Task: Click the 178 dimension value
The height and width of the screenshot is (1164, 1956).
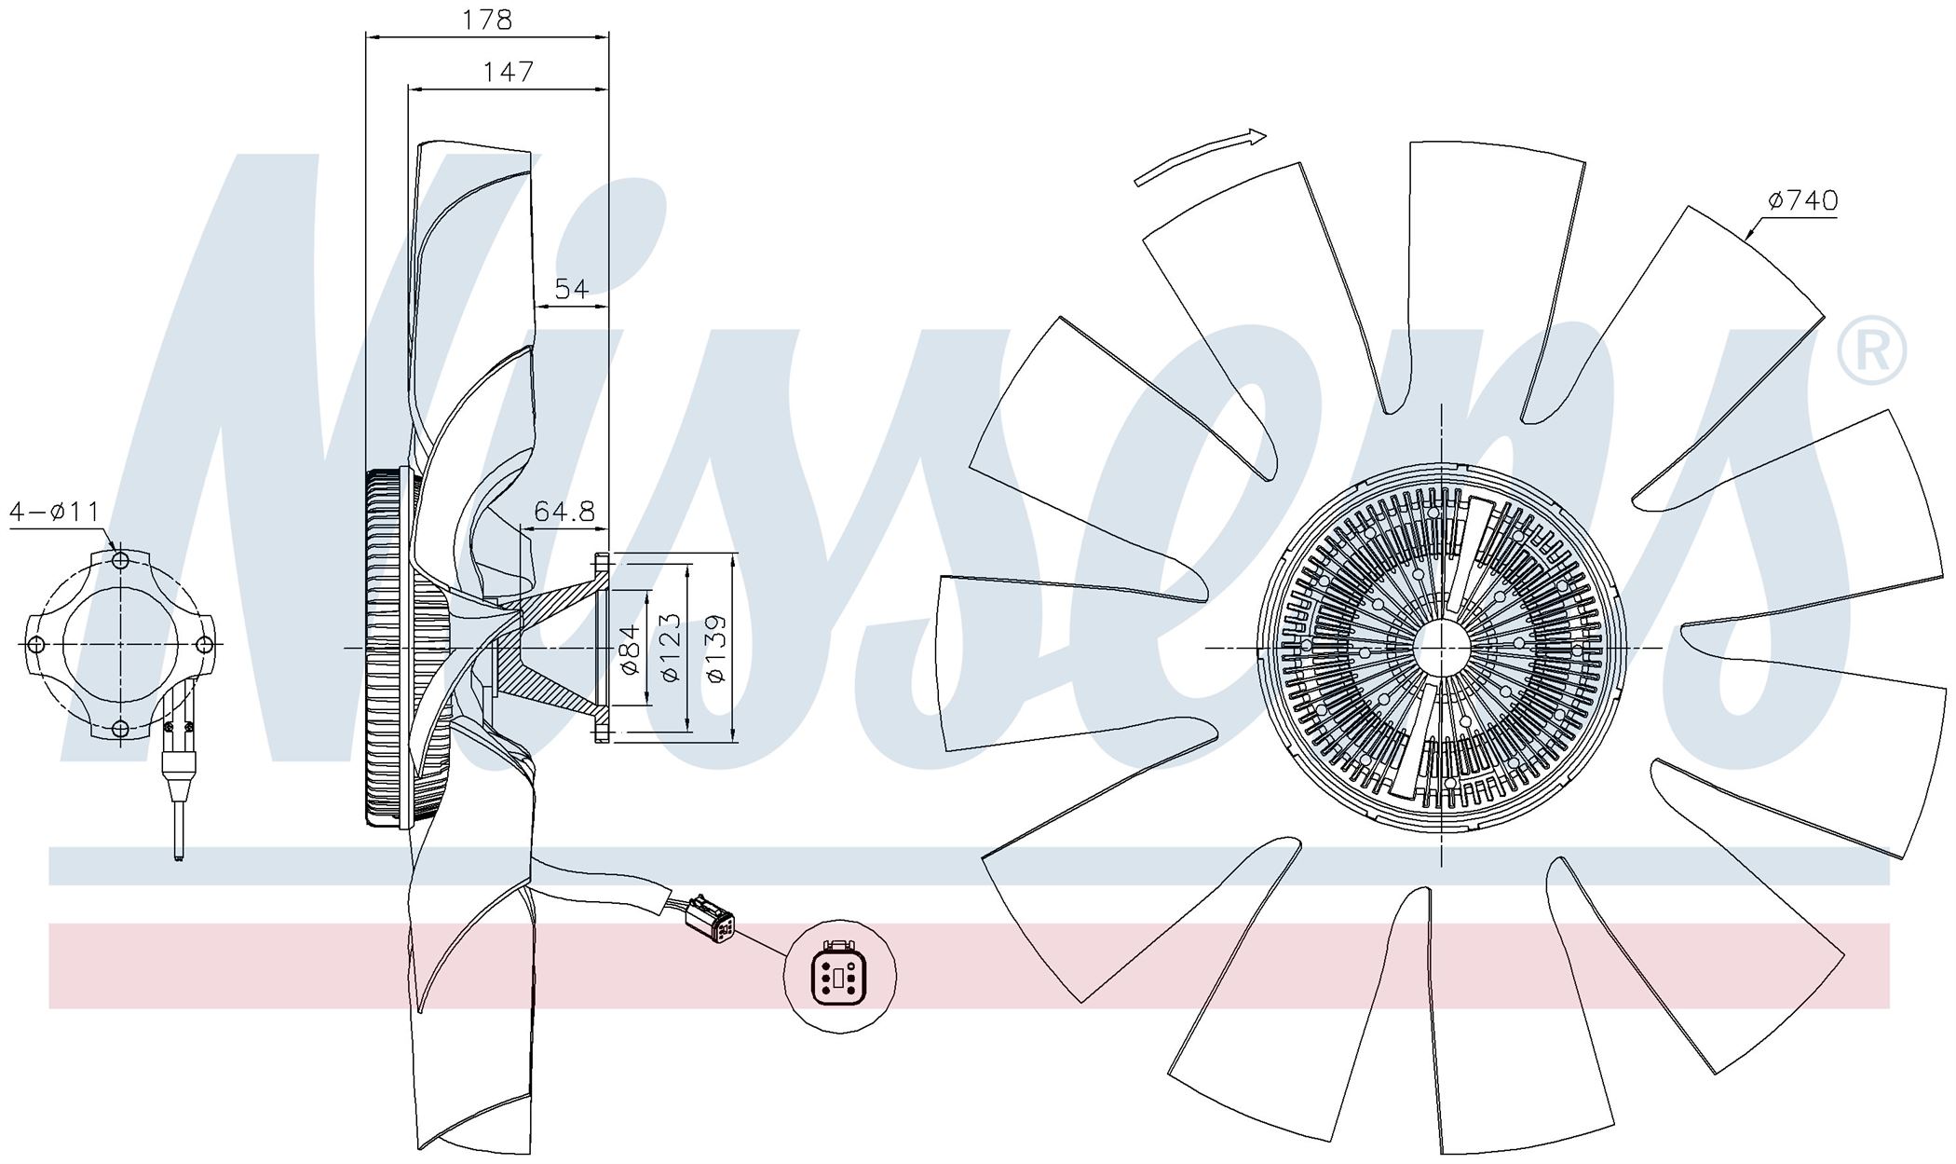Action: point(488,20)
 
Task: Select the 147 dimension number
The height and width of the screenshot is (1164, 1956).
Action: point(509,71)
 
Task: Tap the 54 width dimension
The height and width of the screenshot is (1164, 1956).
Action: point(571,289)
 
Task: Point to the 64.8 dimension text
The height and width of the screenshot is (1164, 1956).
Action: point(564,511)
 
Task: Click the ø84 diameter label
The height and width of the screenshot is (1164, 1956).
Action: point(631,649)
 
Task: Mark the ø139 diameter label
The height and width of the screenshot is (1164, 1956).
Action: point(715,649)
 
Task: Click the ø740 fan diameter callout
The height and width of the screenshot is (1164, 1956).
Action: point(1802,199)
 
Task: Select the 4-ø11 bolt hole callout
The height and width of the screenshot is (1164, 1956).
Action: point(54,511)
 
